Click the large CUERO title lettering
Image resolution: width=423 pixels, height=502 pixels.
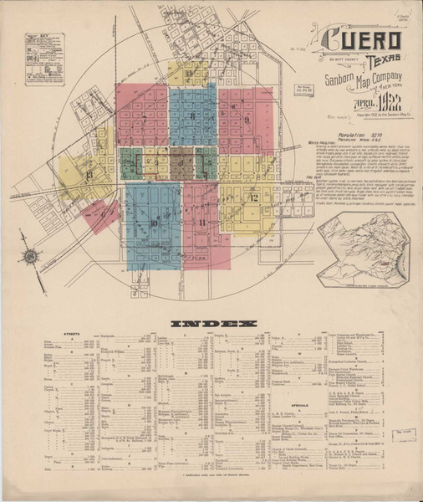click(x=362, y=40)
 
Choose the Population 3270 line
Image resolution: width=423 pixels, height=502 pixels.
click(x=344, y=133)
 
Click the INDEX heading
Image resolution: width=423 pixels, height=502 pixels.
click(x=212, y=323)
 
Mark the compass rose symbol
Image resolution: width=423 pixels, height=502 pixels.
click(x=31, y=256)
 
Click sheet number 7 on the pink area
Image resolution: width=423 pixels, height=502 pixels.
click(x=139, y=115)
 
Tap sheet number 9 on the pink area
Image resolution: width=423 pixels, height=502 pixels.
click(x=248, y=120)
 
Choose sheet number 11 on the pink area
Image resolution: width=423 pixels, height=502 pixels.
click(x=203, y=222)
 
